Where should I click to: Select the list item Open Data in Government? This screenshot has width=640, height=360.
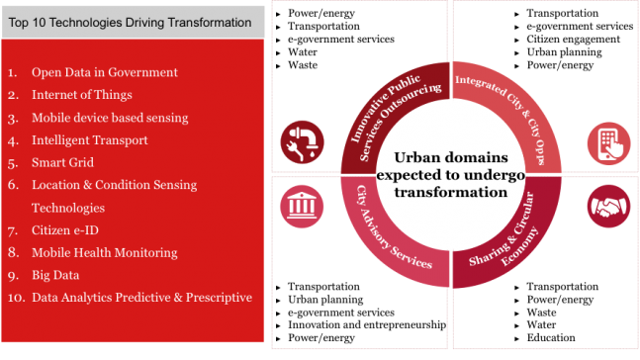tap(104, 72)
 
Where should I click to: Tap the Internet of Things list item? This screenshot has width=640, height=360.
tap(84, 95)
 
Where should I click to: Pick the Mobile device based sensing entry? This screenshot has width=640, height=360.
tap(109, 118)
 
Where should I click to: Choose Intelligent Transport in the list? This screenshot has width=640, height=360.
tap(89, 140)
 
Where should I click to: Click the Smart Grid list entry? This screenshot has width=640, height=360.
tap(62, 162)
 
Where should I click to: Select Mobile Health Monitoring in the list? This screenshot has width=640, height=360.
tap(104, 252)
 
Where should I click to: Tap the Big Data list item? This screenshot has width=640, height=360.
tap(55, 275)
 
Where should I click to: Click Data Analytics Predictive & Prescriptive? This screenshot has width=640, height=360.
tap(141, 297)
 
